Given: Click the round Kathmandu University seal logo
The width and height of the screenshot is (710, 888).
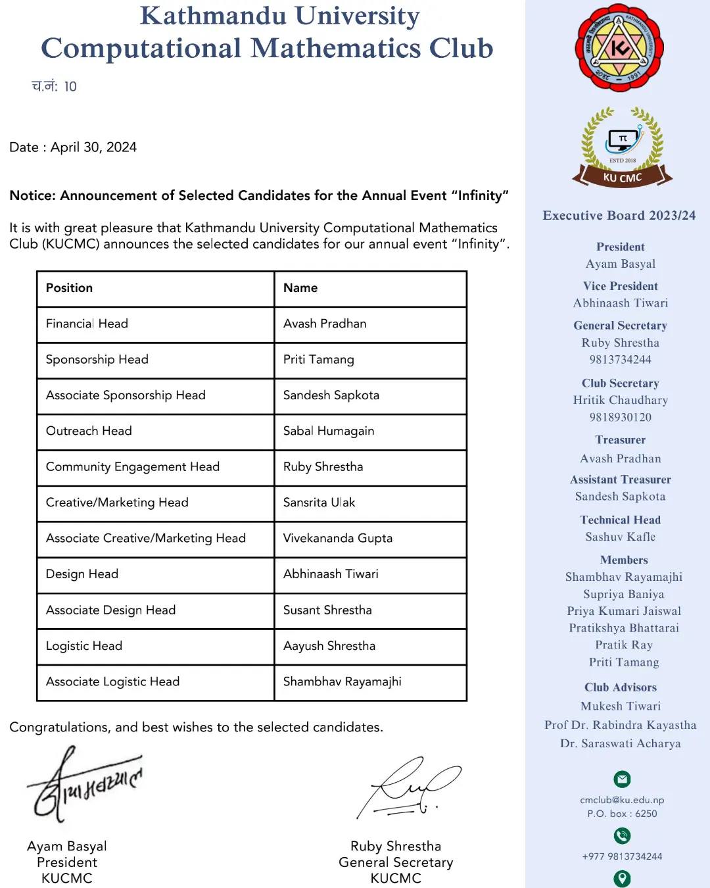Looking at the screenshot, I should (x=619, y=48).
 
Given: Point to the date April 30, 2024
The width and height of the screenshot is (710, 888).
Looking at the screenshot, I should (x=93, y=147).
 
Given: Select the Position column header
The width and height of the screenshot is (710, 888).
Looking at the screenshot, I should (x=69, y=288).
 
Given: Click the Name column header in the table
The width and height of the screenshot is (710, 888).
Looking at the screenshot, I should (x=300, y=288).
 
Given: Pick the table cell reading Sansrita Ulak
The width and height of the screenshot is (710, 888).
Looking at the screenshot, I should (x=319, y=503).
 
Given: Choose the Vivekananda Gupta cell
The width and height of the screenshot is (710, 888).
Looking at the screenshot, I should (x=337, y=538).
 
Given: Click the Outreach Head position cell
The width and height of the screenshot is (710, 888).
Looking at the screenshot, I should (x=89, y=431).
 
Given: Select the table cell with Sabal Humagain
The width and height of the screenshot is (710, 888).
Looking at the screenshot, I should (x=328, y=431).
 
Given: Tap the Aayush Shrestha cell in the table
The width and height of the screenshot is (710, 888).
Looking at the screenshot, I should (x=329, y=646).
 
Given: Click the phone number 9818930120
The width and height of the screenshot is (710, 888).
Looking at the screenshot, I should (x=620, y=417).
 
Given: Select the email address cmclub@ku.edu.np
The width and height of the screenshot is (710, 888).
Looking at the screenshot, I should (x=622, y=800).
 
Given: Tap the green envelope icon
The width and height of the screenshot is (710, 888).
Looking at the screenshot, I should (x=622, y=779).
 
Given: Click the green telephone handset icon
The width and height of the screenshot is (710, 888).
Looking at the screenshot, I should (x=622, y=835).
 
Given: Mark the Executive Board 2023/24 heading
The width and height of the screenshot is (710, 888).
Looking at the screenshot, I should (x=619, y=215).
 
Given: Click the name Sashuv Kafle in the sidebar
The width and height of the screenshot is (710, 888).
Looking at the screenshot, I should (x=620, y=537).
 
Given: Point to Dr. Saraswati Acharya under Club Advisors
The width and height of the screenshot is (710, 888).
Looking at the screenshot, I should (x=620, y=743).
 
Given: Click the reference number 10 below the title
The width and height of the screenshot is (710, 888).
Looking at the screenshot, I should (x=70, y=87).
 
